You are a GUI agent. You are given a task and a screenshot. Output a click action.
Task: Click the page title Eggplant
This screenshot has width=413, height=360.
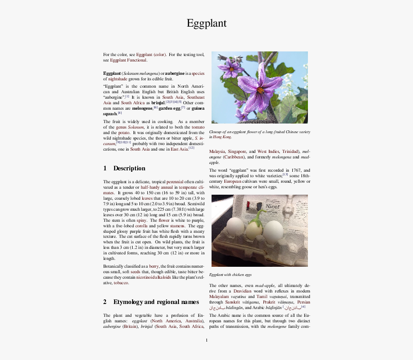pos(206,23)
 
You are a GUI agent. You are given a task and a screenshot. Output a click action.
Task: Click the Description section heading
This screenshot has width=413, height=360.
pos(129,168)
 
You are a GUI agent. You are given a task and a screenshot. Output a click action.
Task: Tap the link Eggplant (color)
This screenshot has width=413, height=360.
pos(151,55)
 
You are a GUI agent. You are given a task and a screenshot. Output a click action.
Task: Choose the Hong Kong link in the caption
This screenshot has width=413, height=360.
pos(222,137)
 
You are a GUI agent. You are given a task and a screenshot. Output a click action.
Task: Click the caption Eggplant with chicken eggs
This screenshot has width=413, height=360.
pos(230,275)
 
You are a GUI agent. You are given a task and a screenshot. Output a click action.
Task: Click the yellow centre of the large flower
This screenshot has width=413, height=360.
pos(260,90)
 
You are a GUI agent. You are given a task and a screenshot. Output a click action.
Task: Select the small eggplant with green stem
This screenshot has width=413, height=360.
pos(254,227)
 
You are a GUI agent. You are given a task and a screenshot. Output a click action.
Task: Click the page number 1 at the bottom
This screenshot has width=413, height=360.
pos(206,340)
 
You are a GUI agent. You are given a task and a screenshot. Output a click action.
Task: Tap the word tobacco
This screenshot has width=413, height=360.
pos(121,283)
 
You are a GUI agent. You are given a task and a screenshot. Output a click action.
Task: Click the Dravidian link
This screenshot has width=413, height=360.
pos(242,291)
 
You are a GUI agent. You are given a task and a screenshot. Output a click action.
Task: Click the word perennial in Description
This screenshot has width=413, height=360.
pos(174,182)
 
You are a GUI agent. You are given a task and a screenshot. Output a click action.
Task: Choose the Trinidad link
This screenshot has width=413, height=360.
pos(290,152)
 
